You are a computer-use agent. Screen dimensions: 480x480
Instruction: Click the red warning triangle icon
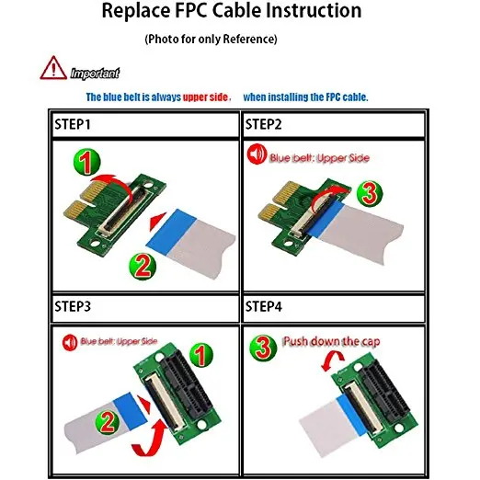[x=53, y=68]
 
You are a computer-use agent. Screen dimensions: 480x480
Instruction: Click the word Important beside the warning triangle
[x=95, y=74]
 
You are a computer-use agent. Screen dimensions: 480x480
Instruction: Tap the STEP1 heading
[x=73, y=124]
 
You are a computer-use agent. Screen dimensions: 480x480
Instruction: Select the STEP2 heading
[x=264, y=124]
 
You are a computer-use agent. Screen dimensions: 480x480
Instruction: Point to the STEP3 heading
[x=73, y=306]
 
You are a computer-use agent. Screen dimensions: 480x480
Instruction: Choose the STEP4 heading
[x=264, y=306]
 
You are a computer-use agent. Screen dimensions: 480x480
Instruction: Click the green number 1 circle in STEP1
[x=87, y=162]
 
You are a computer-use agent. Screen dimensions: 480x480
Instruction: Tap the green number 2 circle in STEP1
[x=143, y=266]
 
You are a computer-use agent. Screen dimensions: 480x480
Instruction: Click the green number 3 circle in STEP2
[x=370, y=193]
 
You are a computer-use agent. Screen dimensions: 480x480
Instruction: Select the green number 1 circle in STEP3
[x=201, y=355]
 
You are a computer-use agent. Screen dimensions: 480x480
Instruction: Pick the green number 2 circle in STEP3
[x=108, y=422]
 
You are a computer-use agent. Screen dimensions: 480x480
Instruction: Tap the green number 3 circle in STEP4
[x=263, y=348]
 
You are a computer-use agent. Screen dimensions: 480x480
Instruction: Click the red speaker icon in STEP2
[x=257, y=154]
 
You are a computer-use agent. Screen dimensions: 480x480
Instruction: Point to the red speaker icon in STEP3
[x=70, y=342]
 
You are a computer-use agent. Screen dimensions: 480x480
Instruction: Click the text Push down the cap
[x=332, y=341]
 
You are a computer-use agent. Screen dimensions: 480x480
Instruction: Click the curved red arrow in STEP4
[x=333, y=360]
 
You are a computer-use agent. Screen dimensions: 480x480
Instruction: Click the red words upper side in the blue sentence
[x=206, y=97]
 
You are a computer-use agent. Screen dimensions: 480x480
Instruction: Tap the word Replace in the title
[x=136, y=11]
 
